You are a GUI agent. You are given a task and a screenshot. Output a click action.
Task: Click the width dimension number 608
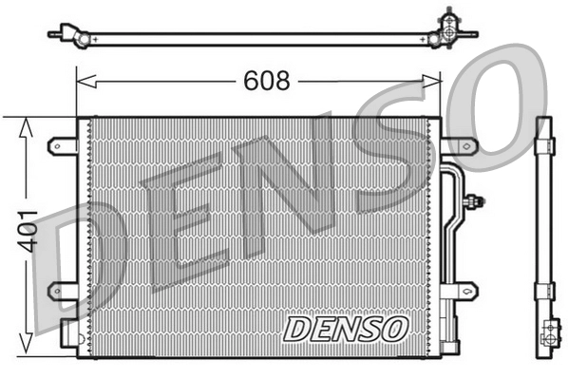coord(266,81)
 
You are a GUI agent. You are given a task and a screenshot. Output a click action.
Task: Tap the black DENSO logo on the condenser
coord(346,328)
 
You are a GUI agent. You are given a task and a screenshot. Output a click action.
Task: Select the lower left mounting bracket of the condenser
coord(62,289)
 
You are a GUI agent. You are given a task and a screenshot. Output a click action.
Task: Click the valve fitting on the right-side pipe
coord(474,201)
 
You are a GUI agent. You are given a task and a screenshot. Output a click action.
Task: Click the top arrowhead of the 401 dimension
coord(26,123)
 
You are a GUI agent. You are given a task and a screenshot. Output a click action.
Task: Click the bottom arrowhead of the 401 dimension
coord(26,348)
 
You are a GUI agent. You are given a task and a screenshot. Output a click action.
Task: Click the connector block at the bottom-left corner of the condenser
coord(68,332)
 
